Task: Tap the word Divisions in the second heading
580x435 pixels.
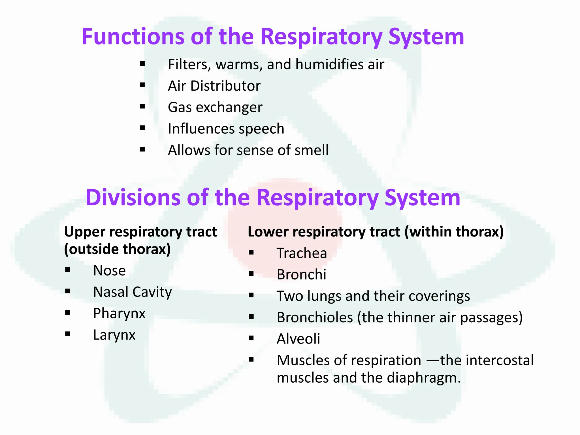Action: [x=133, y=197]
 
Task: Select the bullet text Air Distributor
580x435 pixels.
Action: [x=214, y=86]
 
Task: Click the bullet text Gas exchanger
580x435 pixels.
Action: [x=215, y=107]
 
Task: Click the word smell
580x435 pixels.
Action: [x=311, y=150]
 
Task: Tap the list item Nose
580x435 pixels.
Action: [x=109, y=270]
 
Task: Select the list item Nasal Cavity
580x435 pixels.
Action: [x=132, y=292]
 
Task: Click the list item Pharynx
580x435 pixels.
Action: [x=119, y=314]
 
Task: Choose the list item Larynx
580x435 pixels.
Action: [x=114, y=335]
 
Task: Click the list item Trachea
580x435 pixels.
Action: [x=302, y=253]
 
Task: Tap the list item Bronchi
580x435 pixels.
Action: [x=301, y=274]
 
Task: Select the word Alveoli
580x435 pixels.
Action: [x=298, y=339]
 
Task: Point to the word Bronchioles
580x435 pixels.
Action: [x=315, y=317]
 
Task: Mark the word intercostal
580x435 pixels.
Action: [x=500, y=360]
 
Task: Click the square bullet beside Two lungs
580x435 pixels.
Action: [x=251, y=295]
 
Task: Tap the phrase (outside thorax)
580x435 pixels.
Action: [x=117, y=249]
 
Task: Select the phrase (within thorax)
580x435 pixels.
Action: [x=454, y=232]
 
